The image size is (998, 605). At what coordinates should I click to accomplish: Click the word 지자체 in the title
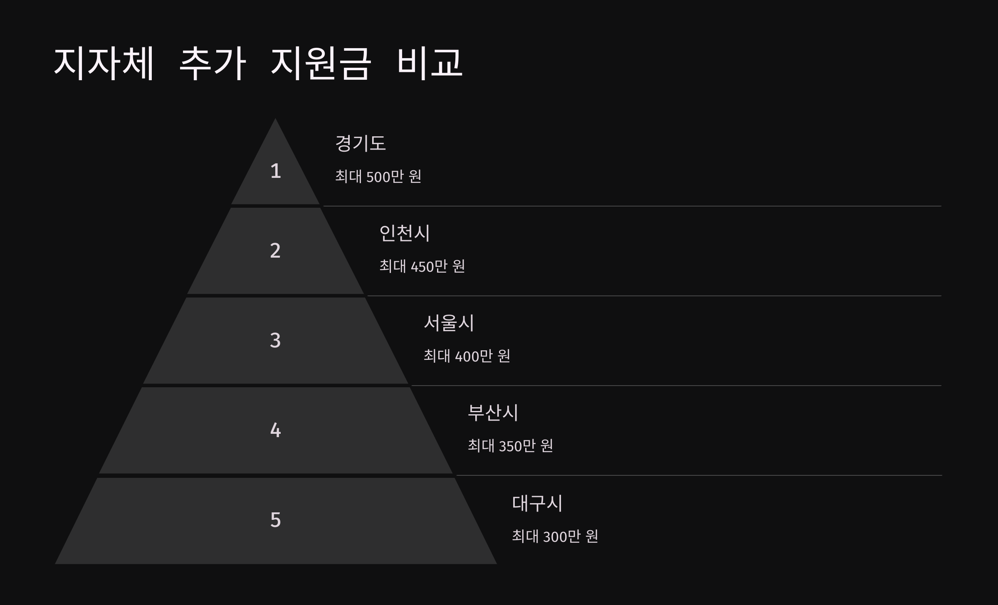click(x=104, y=63)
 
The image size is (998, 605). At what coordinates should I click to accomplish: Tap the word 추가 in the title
click(x=212, y=63)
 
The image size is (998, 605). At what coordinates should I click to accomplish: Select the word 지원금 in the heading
click(x=320, y=63)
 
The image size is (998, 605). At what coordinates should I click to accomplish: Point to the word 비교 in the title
click(x=430, y=63)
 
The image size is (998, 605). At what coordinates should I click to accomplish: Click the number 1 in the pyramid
click(x=275, y=171)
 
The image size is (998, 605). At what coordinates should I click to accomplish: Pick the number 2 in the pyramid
click(x=275, y=251)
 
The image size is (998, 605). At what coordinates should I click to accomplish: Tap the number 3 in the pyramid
click(x=275, y=340)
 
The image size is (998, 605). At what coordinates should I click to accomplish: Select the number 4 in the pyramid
click(x=275, y=430)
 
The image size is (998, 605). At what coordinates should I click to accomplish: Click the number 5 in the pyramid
click(x=275, y=520)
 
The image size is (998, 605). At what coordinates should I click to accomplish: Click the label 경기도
click(x=361, y=143)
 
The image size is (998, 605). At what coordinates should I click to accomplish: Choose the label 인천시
click(x=405, y=233)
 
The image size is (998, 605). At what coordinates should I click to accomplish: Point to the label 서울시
click(x=449, y=323)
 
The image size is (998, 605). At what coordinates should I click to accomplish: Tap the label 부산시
click(x=493, y=413)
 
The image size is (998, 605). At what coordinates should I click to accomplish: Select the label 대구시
click(x=537, y=503)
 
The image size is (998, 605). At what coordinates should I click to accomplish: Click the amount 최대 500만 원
click(x=378, y=177)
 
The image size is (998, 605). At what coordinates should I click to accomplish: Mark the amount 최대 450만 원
click(x=422, y=266)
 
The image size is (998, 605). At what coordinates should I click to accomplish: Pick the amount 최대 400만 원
click(x=467, y=356)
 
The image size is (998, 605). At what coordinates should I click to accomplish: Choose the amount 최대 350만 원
click(x=510, y=446)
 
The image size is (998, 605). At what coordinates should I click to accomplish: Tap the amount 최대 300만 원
click(x=555, y=536)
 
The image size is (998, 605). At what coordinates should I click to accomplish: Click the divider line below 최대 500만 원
click(x=632, y=206)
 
